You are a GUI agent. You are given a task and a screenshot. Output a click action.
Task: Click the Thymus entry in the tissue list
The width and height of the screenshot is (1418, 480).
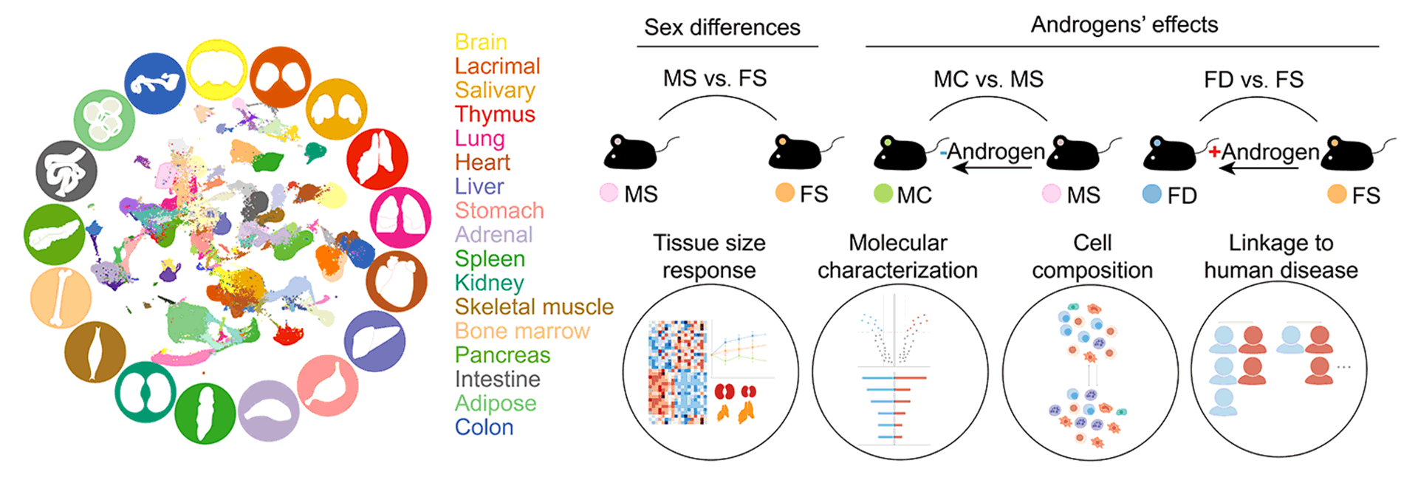pos(495,114)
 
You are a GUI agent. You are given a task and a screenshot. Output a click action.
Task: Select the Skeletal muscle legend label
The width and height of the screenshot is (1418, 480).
pos(534,306)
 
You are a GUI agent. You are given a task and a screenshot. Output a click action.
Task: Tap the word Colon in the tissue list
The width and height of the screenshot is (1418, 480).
pos(484,427)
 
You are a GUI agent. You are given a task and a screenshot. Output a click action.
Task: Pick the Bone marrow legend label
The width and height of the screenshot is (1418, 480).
pos(522,331)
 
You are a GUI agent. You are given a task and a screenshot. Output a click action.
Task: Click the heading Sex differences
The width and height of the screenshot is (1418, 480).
pos(722,27)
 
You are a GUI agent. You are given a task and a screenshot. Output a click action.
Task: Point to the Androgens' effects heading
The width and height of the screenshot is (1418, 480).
pos(1124,25)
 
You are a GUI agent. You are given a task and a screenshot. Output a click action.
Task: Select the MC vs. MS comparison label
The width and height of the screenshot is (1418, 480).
pos(988,79)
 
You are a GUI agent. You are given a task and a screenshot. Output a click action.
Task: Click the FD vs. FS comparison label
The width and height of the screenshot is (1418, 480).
pos(1253,79)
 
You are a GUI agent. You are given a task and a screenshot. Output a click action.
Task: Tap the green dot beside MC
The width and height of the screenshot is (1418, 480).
pos(883,193)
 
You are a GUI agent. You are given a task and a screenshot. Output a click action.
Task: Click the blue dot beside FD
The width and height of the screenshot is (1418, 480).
pos(1152,194)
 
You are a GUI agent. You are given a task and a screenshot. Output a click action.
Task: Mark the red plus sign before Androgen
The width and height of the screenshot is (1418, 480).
pos(1214,152)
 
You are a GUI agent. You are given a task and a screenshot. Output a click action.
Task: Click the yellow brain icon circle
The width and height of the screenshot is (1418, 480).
pos(216,71)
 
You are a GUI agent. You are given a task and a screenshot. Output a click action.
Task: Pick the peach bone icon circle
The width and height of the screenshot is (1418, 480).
pos(61,298)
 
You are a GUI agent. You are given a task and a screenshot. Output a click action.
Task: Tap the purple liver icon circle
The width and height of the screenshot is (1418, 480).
pos(375,341)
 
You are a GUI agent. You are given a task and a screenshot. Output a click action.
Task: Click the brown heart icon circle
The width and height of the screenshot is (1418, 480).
pos(397,281)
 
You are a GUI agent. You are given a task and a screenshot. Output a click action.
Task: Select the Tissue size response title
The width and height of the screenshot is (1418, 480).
pos(709,256)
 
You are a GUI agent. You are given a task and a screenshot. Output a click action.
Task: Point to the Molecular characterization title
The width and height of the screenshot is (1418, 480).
pos(897,256)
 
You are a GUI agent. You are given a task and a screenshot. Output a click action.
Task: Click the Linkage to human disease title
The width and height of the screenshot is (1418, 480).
pos(1281,256)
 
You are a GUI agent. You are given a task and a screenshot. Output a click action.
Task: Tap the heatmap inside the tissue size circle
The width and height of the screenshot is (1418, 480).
pos(677,372)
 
